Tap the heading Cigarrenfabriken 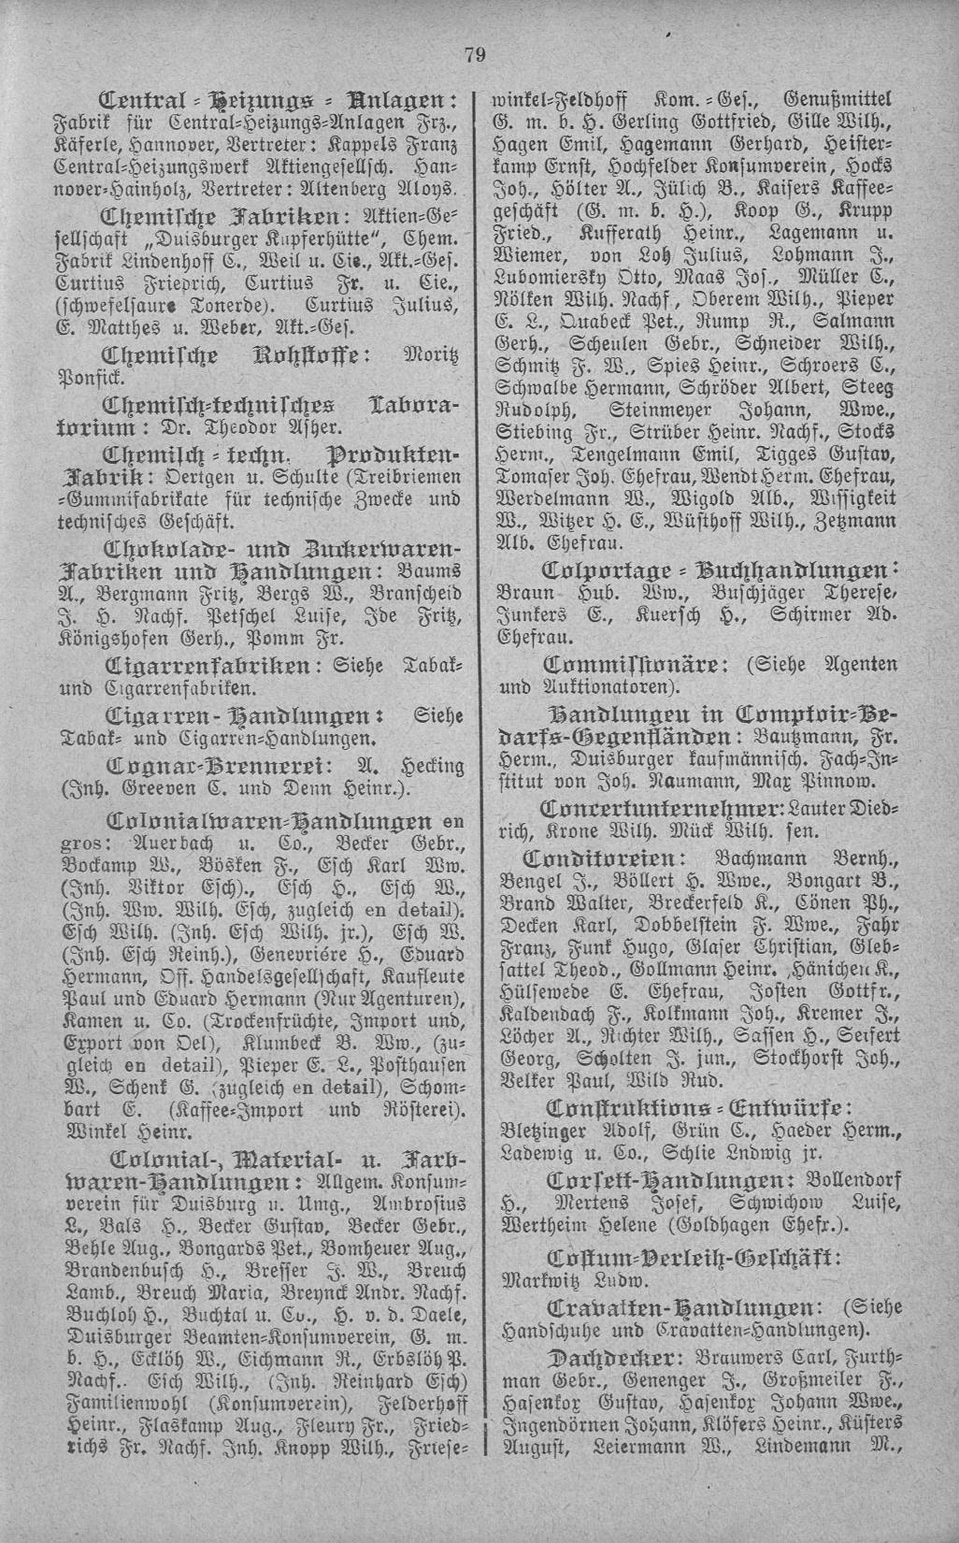click(208, 668)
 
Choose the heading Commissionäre click(632, 665)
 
